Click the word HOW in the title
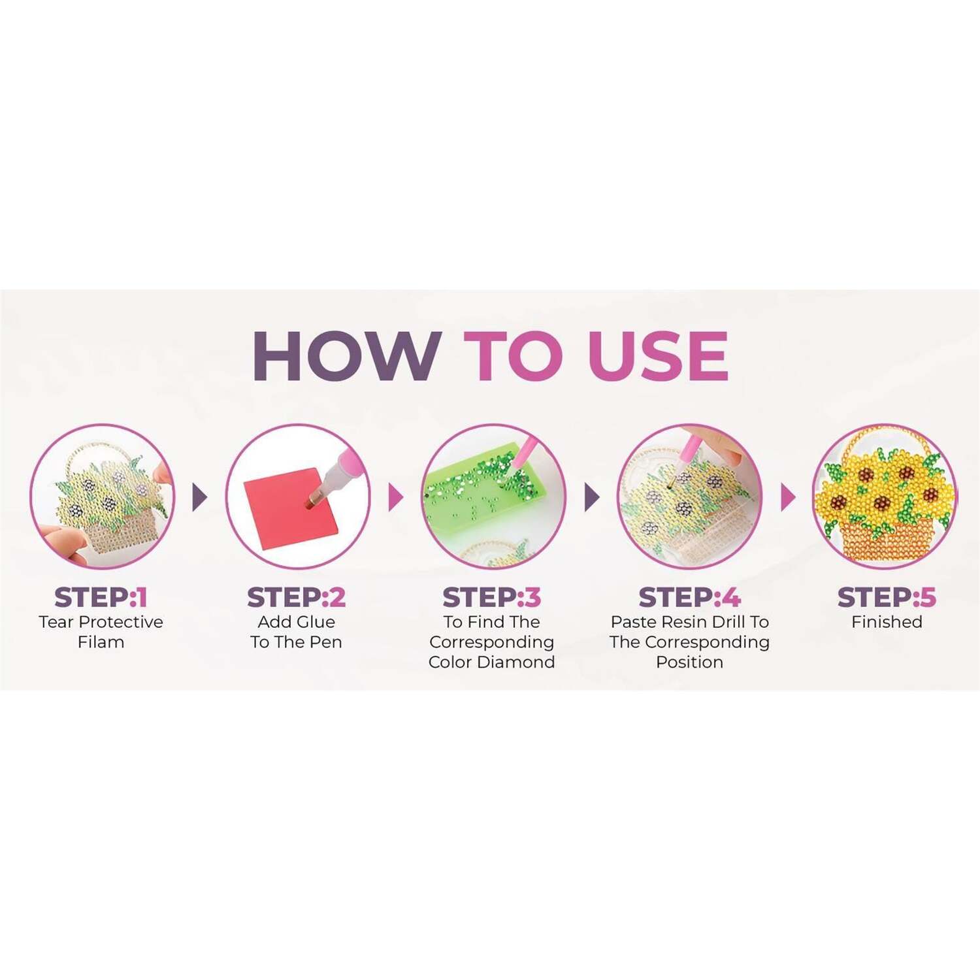tap(347, 356)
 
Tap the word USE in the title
tap(657, 356)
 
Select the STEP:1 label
tap(101, 597)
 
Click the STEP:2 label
tap(296, 597)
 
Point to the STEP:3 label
tap(492, 597)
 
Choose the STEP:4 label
tap(690, 597)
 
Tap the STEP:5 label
tap(887, 597)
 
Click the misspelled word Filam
tap(101, 642)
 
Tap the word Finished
tap(887, 622)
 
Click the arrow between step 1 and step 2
tap(200, 498)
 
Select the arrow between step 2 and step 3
tap(396, 498)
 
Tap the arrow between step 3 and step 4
tap(592, 498)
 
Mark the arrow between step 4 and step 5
tap(789, 498)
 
